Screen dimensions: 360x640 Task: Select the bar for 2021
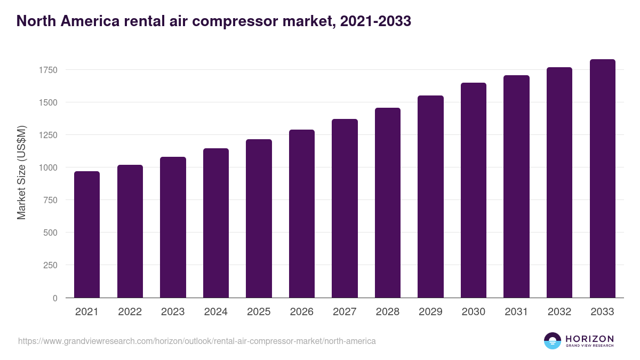tap(87, 235)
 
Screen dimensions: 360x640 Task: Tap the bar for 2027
tap(345, 209)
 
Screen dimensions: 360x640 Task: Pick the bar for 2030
tap(474, 190)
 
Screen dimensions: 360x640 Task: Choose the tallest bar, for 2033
tap(602, 179)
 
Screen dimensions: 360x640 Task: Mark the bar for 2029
tap(430, 197)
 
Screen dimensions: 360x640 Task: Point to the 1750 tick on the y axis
tap(48, 70)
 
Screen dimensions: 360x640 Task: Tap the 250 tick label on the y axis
tap(50, 265)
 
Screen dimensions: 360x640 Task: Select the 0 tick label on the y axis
tap(55, 298)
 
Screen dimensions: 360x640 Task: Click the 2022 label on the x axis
tap(130, 312)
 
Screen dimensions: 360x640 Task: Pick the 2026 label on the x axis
tap(302, 312)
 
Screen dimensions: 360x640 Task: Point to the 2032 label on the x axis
tap(559, 312)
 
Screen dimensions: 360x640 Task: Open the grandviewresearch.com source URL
tap(197, 341)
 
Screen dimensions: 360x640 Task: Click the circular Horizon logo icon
tap(553, 341)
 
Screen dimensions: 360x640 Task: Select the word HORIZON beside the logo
tap(589, 339)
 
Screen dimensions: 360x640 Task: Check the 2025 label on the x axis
tap(259, 312)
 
